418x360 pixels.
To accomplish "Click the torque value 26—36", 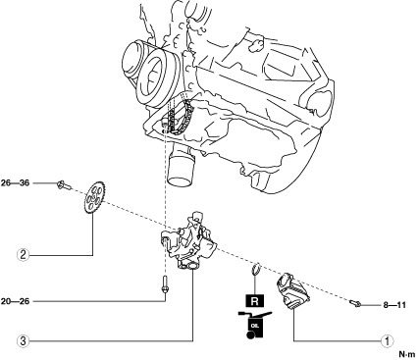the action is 15,183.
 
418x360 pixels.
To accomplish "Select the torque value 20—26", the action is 15,301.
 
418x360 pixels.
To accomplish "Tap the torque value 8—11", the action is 394,305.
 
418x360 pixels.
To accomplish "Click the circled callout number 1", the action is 388,341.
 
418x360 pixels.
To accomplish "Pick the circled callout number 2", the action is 23,255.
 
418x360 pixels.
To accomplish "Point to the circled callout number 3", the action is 23,341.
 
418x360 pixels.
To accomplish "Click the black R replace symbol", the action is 254,301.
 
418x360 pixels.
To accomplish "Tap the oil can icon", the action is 254,325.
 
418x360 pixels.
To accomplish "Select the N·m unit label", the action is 406,354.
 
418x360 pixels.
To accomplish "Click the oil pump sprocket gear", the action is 94,198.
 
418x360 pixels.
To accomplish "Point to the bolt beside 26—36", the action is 64,185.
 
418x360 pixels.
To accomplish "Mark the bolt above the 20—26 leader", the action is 165,284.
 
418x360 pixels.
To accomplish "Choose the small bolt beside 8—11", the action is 355,304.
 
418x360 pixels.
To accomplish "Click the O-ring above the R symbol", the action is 256,268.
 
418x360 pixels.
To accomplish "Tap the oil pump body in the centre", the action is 188,242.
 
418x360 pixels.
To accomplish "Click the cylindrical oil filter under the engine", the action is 182,169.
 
